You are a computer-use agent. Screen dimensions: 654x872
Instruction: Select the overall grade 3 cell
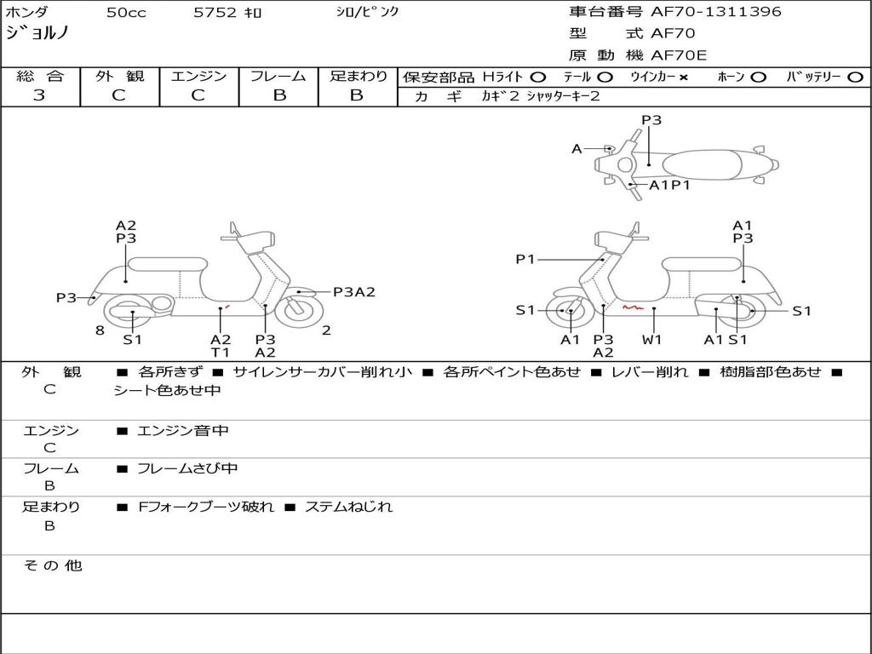(39, 95)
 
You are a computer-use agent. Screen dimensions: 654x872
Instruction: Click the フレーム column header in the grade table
(278, 76)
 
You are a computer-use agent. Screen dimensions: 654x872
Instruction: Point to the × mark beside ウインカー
(683, 77)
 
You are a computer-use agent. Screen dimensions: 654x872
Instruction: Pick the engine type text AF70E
(679, 56)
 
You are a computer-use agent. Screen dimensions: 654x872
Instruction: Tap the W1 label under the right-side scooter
(652, 339)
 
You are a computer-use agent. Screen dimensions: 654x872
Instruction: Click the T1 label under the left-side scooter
(221, 353)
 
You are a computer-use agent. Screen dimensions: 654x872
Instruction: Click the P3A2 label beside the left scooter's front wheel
(353, 292)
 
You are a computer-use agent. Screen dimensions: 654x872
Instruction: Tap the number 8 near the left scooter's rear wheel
(100, 330)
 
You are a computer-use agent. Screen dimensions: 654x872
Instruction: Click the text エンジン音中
(182, 431)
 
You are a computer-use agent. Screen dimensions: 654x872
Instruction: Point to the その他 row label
(52, 565)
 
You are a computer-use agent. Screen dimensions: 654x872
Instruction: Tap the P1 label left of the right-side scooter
(525, 259)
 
